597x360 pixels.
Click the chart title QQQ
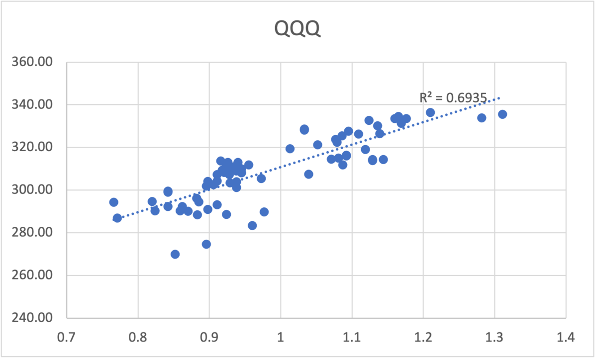click(x=297, y=28)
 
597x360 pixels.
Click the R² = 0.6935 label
click(x=453, y=98)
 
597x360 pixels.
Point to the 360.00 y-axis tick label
click(x=32, y=62)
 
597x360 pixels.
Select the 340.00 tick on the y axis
click(x=32, y=104)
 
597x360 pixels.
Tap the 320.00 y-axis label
click(x=32, y=147)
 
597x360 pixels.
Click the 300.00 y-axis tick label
click(x=32, y=190)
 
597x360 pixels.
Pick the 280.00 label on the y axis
click(x=32, y=232)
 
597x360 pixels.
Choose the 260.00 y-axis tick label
click(x=32, y=275)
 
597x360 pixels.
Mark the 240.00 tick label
click(x=32, y=318)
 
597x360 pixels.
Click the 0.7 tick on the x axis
click(x=66, y=337)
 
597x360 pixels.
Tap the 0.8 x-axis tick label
click(x=138, y=337)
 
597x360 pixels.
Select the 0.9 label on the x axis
click(x=209, y=337)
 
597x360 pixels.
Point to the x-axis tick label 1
click(x=281, y=337)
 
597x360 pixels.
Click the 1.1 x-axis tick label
click(x=352, y=337)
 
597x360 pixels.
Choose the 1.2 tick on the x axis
click(x=423, y=337)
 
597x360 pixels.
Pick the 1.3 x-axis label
click(x=495, y=337)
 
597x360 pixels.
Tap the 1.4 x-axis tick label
click(x=566, y=337)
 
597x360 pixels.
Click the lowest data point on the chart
click(x=175, y=254)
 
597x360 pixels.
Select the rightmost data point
click(x=502, y=114)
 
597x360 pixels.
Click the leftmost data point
click(x=114, y=202)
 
